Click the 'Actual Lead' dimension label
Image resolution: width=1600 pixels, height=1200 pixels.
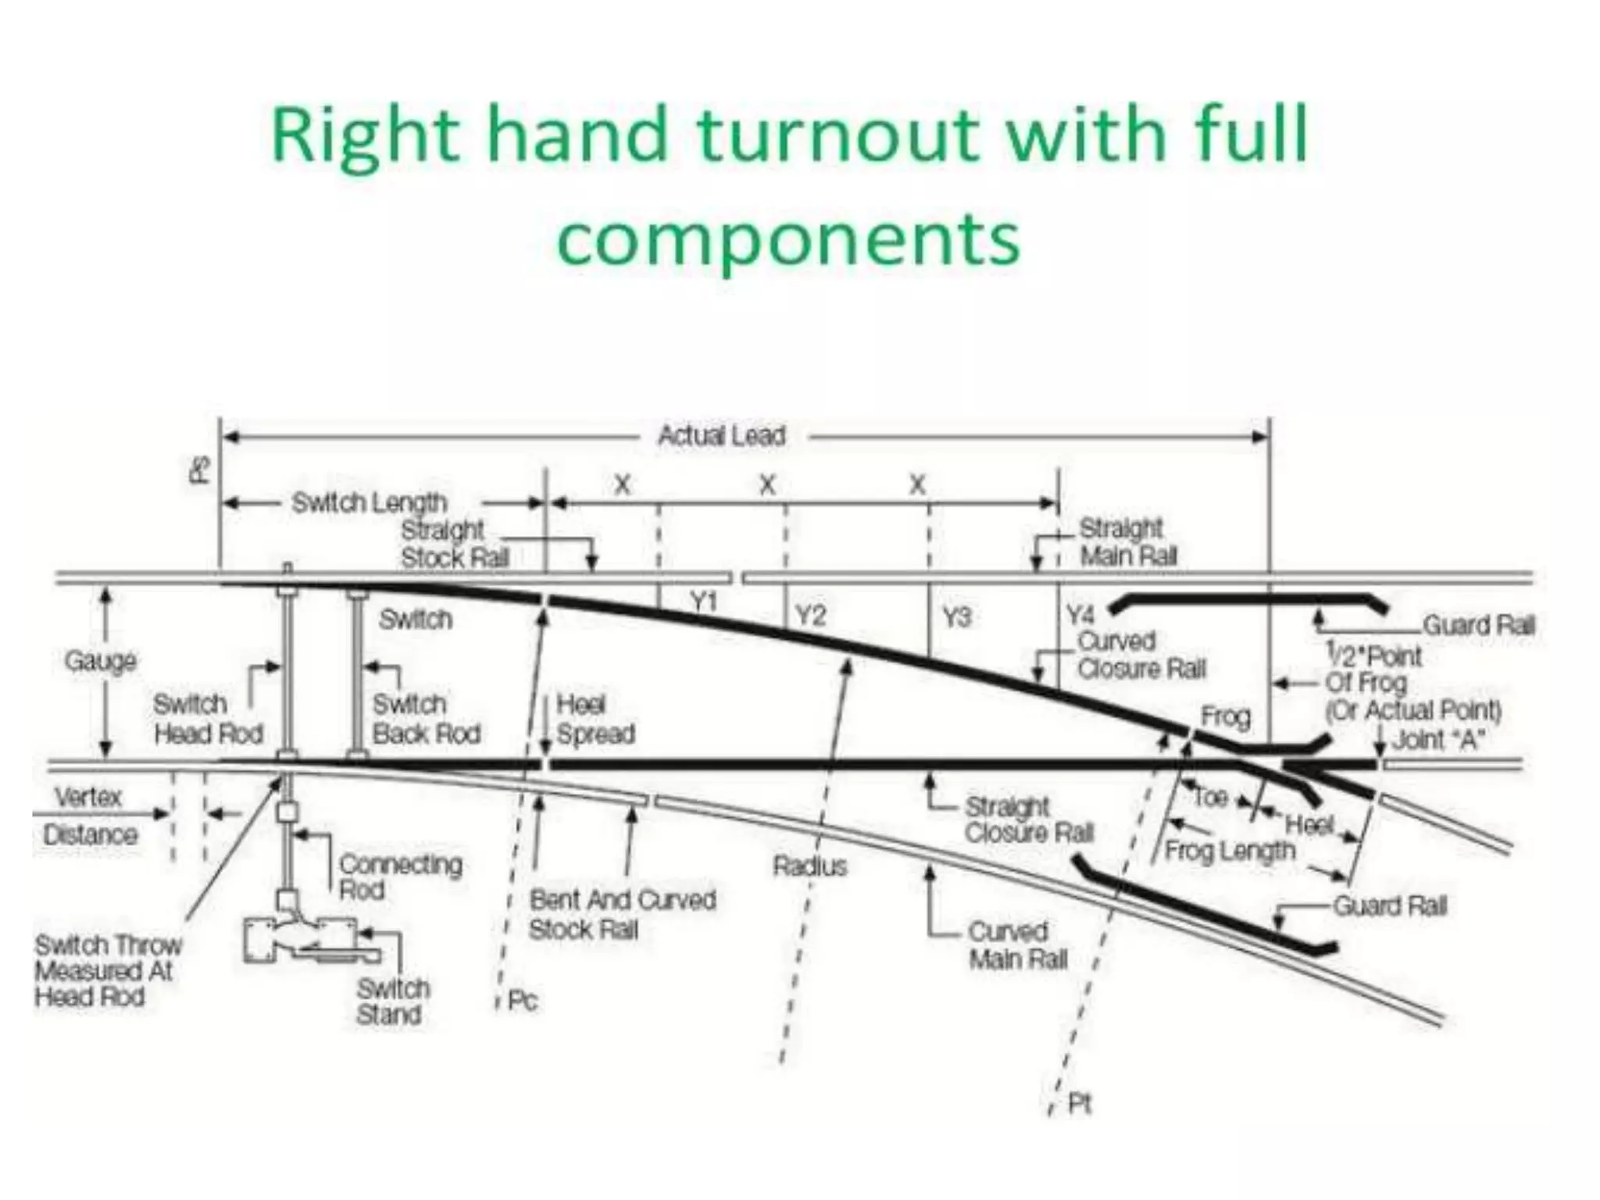(x=721, y=435)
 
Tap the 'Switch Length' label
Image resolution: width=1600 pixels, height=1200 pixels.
(x=369, y=502)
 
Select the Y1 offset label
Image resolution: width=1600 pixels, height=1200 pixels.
(x=704, y=602)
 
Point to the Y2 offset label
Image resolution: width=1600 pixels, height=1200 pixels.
(x=810, y=616)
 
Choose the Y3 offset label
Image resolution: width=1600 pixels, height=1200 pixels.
(x=956, y=617)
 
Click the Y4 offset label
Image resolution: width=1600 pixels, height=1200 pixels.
(x=1080, y=614)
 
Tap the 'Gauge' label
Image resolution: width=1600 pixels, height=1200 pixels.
(x=101, y=662)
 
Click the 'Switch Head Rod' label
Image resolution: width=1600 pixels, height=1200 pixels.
(x=208, y=719)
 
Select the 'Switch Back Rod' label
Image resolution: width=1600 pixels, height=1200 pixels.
(x=426, y=719)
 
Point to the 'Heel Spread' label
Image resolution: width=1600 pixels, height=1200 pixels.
(x=595, y=719)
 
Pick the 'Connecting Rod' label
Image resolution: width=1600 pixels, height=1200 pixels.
(x=400, y=877)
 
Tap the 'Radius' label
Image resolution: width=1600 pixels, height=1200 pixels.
(x=810, y=866)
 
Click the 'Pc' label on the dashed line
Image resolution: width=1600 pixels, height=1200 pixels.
(x=522, y=1001)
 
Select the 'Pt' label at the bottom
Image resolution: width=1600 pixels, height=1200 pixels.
(x=1079, y=1103)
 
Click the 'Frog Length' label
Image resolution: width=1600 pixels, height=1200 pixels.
(x=1229, y=850)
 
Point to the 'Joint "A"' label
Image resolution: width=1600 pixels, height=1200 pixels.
(x=1438, y=739)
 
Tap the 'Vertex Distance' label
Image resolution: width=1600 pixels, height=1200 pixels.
(x=90, y=816)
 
